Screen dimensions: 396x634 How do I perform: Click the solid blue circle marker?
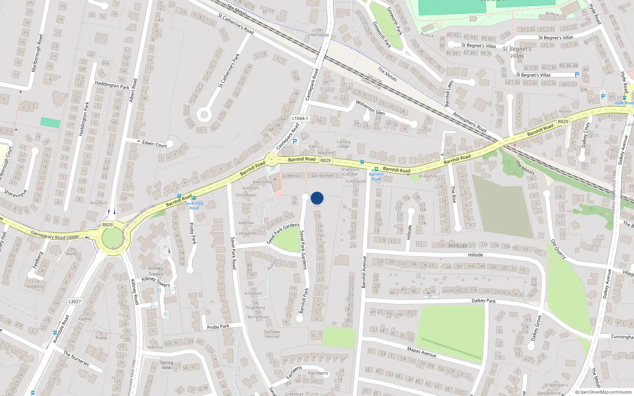coord(317,198)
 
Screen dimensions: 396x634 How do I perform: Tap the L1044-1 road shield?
coord(300,118)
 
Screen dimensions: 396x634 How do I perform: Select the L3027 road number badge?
coord(74,301)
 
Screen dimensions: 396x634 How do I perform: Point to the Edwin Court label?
coord(155,144)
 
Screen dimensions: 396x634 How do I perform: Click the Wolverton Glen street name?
coord(370,107)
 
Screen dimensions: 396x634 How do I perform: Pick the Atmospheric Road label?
coord(470,123)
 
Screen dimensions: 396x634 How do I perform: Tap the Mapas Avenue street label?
coord(422,351)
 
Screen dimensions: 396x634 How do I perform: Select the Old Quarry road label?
coord(558,249)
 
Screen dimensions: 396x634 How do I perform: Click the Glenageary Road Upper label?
coord(55,236)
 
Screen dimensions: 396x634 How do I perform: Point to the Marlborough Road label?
coord(37,53)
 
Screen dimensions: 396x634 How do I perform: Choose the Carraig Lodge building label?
coord(343,144)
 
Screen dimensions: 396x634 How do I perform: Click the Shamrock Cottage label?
coord(350,171)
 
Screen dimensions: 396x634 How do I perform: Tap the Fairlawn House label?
coord(272,334)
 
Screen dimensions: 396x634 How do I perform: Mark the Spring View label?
coord(166,365)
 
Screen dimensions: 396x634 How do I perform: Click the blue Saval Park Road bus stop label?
coord(194,206)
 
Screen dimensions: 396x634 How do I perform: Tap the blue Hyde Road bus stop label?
coord(624,103)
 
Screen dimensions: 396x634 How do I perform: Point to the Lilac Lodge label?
coord(319,35)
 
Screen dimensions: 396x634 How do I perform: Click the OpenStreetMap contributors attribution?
coord(603,392)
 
